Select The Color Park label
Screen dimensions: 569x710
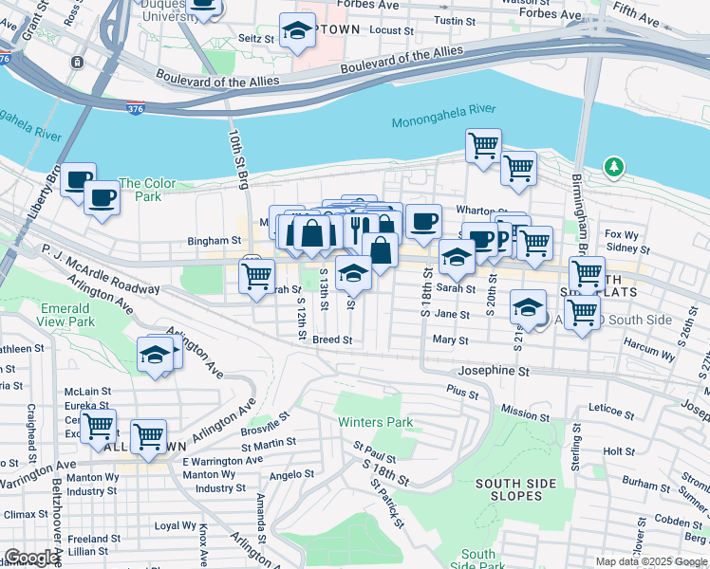pos(147,190)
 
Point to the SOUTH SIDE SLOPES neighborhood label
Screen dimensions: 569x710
pos(515,489)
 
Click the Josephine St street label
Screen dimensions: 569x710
pos(493,372)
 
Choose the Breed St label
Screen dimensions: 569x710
pos(332,340)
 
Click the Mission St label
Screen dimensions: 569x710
pos(519,413)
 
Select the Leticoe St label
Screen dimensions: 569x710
pos(610,413)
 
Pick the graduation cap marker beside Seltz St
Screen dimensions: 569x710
pos(298,30)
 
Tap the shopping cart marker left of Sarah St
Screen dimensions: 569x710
pos(256,277)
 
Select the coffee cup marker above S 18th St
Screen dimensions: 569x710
pos(424,221)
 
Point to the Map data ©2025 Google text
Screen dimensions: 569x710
pos(650,561)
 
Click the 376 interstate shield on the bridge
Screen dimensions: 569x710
pos(135,109)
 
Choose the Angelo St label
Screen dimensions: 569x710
pos(291,474)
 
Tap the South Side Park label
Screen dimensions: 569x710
pos(478,560)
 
